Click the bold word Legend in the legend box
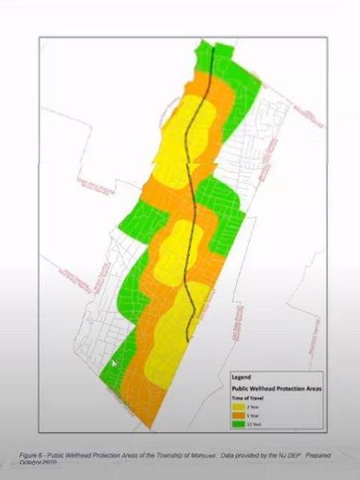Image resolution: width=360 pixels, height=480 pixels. point(242,376)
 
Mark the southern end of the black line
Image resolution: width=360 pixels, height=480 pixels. point(189,342)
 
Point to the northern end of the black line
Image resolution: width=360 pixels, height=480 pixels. point(213,46)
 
